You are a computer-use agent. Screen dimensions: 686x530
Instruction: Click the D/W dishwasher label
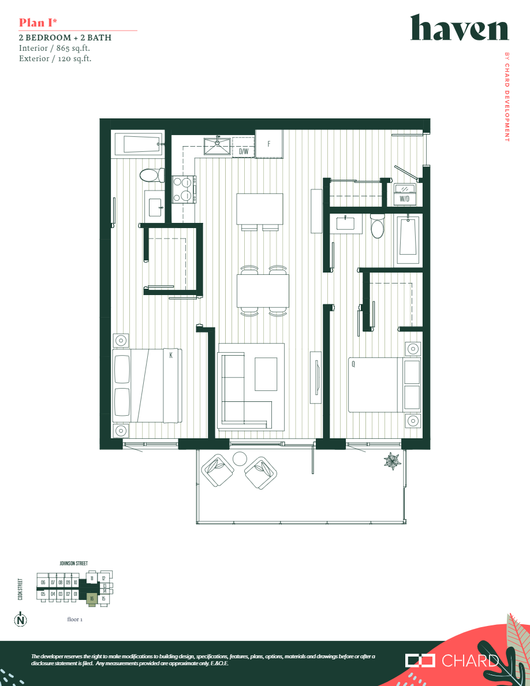tap(244, 152)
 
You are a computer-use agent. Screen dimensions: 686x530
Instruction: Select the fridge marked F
tap(269, 143)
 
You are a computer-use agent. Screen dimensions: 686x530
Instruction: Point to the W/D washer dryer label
tap(405, 199)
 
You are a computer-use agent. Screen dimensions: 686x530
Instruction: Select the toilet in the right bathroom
tap(377, 226)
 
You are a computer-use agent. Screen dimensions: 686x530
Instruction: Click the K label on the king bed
tap(171, 356)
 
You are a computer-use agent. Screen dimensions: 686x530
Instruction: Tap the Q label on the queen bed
tap(353, 364)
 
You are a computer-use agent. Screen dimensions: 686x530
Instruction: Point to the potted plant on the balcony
tap(393, 461)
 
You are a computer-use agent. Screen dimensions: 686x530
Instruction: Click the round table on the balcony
tap(240, 458)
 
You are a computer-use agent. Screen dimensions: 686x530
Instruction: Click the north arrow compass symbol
tap(21, 621)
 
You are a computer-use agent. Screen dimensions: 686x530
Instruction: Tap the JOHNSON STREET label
tap(74, 563)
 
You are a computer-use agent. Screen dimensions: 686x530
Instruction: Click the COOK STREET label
tap(20, 590)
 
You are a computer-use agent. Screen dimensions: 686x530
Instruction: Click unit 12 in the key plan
tap(103, 578)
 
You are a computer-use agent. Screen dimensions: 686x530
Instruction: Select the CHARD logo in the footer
tap(452, 661)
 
